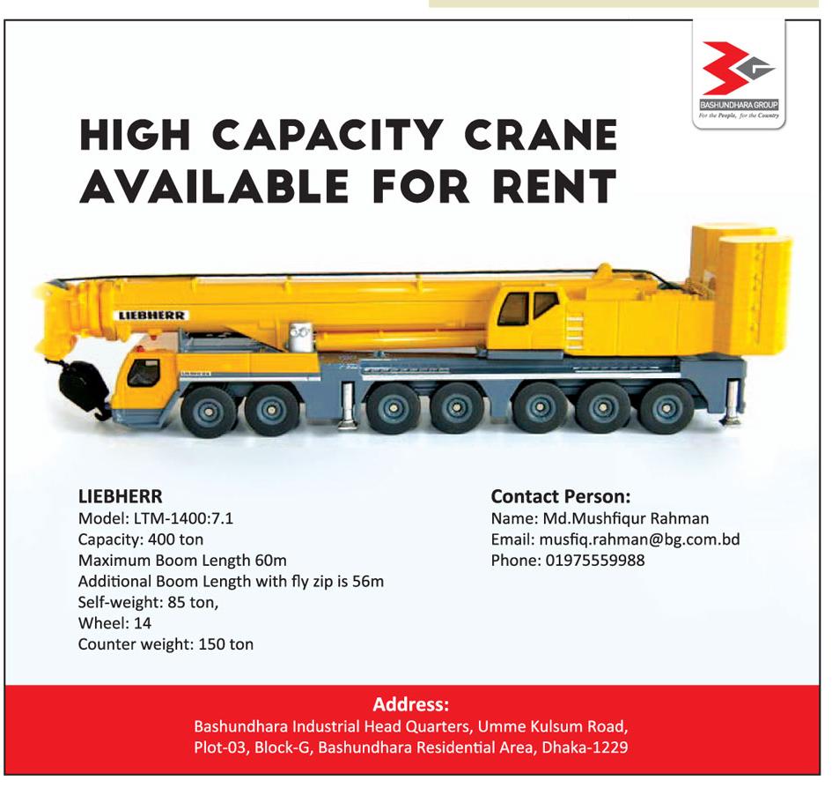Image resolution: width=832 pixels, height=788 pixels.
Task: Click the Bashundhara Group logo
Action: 740,79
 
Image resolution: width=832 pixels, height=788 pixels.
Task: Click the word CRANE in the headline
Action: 541,135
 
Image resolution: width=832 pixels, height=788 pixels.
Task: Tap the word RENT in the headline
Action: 555,186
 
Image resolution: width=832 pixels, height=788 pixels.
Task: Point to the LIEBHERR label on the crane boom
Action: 151,316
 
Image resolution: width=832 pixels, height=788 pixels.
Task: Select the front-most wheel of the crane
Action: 209,412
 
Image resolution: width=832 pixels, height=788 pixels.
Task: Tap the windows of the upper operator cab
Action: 528,308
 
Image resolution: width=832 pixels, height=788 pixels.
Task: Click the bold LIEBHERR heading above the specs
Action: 121,496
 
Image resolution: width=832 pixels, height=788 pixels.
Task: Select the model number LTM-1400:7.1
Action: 184,518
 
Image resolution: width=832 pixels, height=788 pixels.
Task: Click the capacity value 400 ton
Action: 175,539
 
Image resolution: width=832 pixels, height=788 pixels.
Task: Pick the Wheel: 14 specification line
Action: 114,623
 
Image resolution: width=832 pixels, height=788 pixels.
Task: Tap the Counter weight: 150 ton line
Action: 166,644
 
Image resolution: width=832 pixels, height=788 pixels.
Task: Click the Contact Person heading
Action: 561,496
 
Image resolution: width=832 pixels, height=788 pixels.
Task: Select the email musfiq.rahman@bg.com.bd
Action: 639,539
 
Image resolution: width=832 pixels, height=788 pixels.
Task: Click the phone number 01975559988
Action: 595,560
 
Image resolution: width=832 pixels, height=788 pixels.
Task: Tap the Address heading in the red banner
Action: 410,704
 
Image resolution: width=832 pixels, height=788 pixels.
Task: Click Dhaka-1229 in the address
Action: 585,747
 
